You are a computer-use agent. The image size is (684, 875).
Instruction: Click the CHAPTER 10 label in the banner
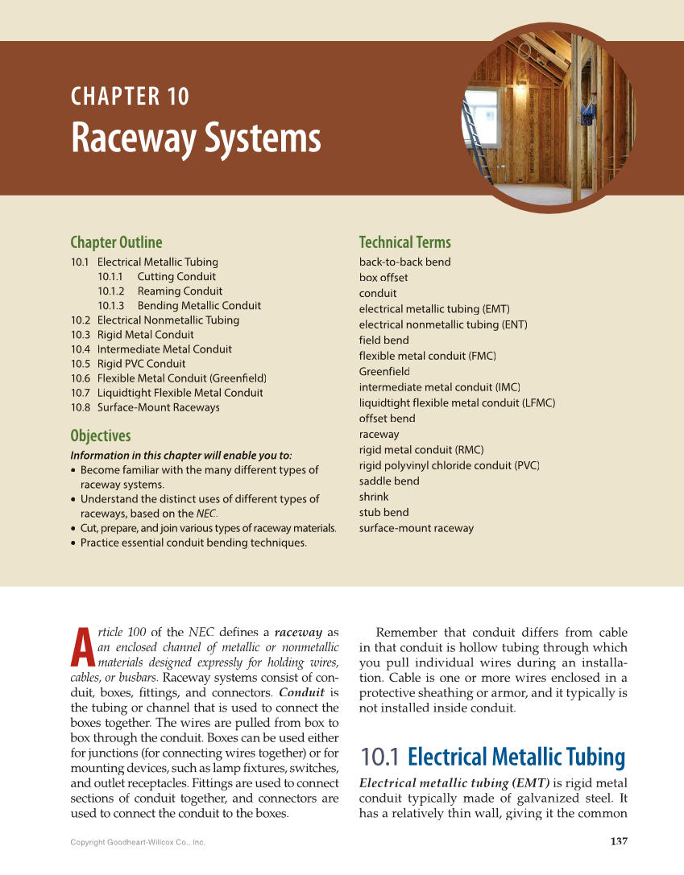(130, 97)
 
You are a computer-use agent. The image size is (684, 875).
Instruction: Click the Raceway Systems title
(196, 139)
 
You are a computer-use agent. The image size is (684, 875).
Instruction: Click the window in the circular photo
(480, 113)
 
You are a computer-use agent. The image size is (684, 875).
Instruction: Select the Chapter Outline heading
(116, 242)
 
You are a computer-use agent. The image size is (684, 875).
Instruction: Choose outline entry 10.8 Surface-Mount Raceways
(145, 407)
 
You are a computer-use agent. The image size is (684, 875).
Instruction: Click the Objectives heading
(100, 436)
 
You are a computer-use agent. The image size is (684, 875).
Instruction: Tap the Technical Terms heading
(404, 242)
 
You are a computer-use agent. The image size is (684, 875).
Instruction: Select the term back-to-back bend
(404, 262)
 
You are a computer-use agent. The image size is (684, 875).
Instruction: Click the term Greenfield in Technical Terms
(384, 372)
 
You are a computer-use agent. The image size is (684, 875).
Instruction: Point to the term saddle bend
(389, 481)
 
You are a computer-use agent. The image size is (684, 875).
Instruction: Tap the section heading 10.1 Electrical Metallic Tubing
(492, 757)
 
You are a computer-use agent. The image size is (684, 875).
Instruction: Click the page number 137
(618, 842)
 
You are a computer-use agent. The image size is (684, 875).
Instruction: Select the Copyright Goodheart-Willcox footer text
(138, 843)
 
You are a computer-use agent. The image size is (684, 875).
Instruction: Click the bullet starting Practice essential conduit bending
(193, 543)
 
